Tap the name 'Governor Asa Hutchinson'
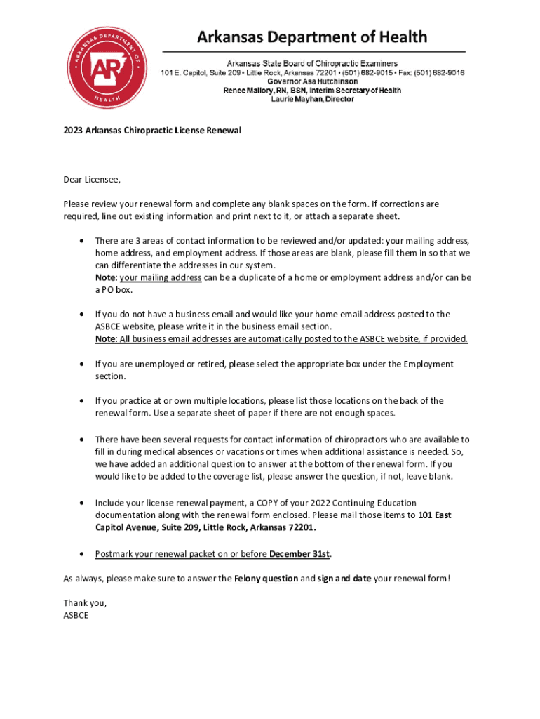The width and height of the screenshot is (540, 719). click(x=312, y=81)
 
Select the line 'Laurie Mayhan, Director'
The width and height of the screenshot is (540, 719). click(x=312, y=99)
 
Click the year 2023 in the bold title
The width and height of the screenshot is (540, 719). click(x=73, y=131)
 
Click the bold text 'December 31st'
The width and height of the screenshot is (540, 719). click(x=300, y=554)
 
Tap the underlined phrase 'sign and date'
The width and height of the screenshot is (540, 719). click(x=344, y=579)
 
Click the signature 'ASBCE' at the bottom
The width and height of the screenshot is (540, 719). click(x=76, y=616)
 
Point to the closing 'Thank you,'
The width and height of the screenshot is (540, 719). click(x=85, y=603)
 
